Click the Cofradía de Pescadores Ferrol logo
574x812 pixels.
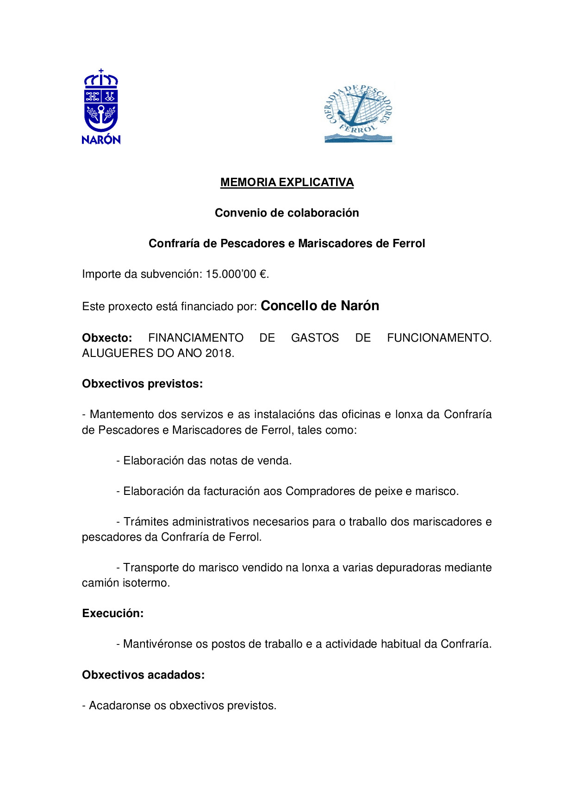[358, 113]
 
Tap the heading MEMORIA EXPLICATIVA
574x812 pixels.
[287, 182]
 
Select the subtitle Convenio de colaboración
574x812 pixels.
[287, 213]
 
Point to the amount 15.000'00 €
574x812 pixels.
[237, 274]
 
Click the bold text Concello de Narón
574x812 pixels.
[320, 306]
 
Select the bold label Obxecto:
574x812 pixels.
[107, 338]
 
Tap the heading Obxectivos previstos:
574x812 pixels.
[143, 384]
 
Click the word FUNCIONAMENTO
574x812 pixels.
[439, 338]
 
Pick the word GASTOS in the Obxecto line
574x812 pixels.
[315, 338]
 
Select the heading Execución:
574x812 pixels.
[113, 613]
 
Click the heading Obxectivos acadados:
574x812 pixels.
[143, 675]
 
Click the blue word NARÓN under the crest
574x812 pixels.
[101, 139]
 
